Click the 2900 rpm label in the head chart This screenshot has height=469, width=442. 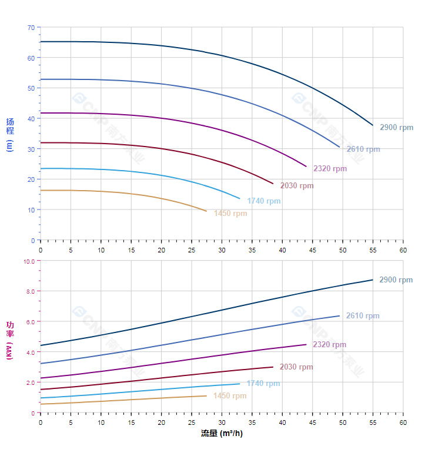[396, 128]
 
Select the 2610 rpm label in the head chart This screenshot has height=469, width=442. [363, 149]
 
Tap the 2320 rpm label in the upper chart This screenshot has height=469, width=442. [330, 169]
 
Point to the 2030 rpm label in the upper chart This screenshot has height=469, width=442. [297, 186]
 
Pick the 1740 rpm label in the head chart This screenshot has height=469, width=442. [264, 201]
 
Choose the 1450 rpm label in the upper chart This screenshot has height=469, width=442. [230, 214]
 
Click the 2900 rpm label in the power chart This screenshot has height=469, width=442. [396, 280]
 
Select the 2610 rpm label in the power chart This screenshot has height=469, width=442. [363, 316]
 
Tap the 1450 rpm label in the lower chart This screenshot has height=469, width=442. [230, 396]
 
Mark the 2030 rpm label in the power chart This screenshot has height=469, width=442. [296, 367]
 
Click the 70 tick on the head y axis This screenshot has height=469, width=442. [31, 28]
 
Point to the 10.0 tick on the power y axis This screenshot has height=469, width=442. [29, 261]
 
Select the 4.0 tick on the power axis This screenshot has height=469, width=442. [31, 352]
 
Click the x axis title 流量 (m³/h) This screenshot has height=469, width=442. [222, 434]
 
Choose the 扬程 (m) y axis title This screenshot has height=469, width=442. [10, 135]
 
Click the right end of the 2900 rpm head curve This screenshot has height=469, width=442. [373, 125]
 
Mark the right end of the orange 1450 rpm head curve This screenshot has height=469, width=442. [207, 211]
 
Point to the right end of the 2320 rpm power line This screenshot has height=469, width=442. [306, 344]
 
